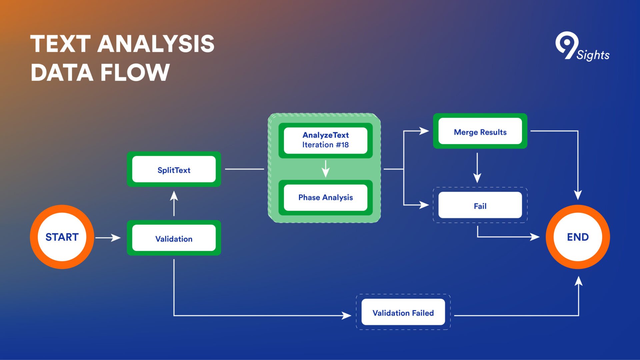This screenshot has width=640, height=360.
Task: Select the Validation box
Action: pos(174,238)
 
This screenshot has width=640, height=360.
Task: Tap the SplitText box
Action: pos(174,169)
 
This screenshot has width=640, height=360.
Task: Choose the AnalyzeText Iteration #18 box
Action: pos(325,140)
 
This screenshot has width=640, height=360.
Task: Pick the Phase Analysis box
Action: pos(325,198)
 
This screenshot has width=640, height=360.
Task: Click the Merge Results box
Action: pos(480,131)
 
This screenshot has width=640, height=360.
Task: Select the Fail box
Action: pos(480,205)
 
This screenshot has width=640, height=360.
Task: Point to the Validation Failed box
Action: pos(403,312)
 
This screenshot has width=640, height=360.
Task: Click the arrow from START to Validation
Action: pos(108,238)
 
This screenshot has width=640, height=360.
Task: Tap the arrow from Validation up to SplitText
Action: pos(174,203)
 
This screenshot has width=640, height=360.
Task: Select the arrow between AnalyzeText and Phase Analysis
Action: pos(326,169)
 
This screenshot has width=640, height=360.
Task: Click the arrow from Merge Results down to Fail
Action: pos(477,168)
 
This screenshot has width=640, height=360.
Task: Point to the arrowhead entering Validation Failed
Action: pos(347,315)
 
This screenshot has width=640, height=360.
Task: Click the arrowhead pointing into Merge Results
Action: pos(424,131)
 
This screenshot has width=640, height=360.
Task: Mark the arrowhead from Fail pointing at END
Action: pos(535,237)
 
